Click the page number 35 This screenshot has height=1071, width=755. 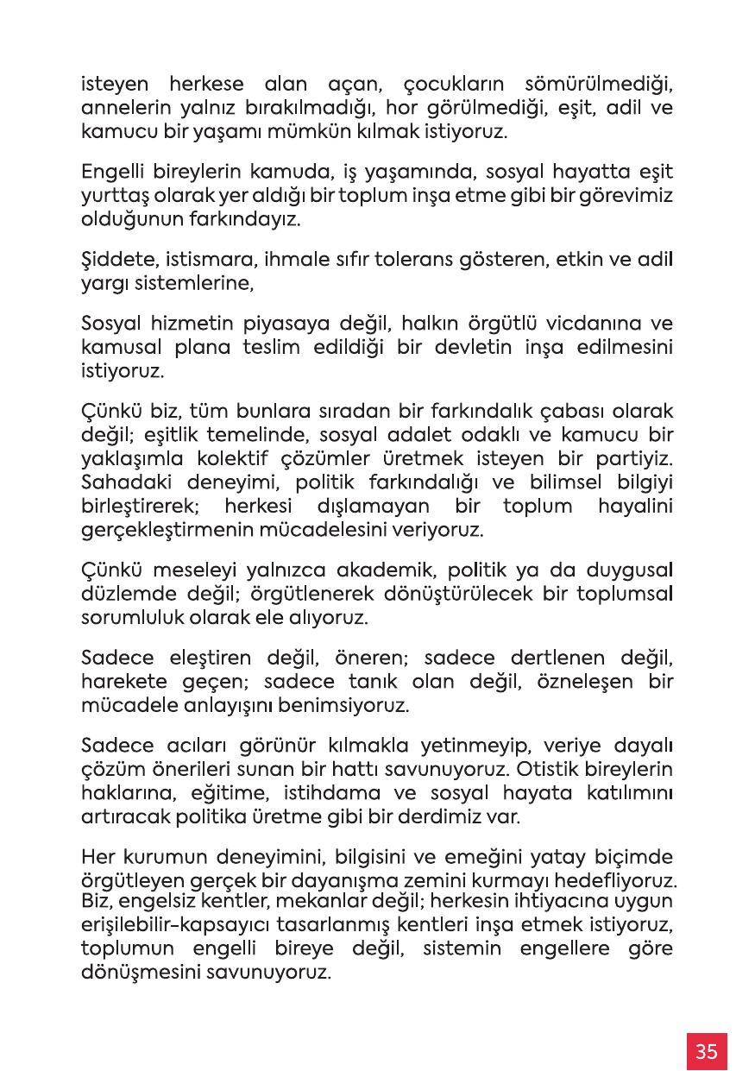tap(707, 1051)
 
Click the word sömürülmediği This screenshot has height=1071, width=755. tap(598, 87)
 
